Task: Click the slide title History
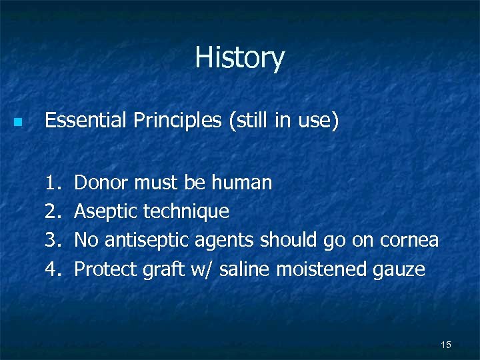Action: pyautogui.click(x=239, y=58)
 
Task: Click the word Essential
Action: pyautogui.click(x=85, y=121)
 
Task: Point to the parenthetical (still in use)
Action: pyautogui.click(x=284, y=121)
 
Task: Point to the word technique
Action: pyautogui.click(x=186, y=212)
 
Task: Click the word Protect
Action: pyautogui.click(x=105, y=269)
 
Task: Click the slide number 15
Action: pyautogui.click(x=446, y=344)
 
